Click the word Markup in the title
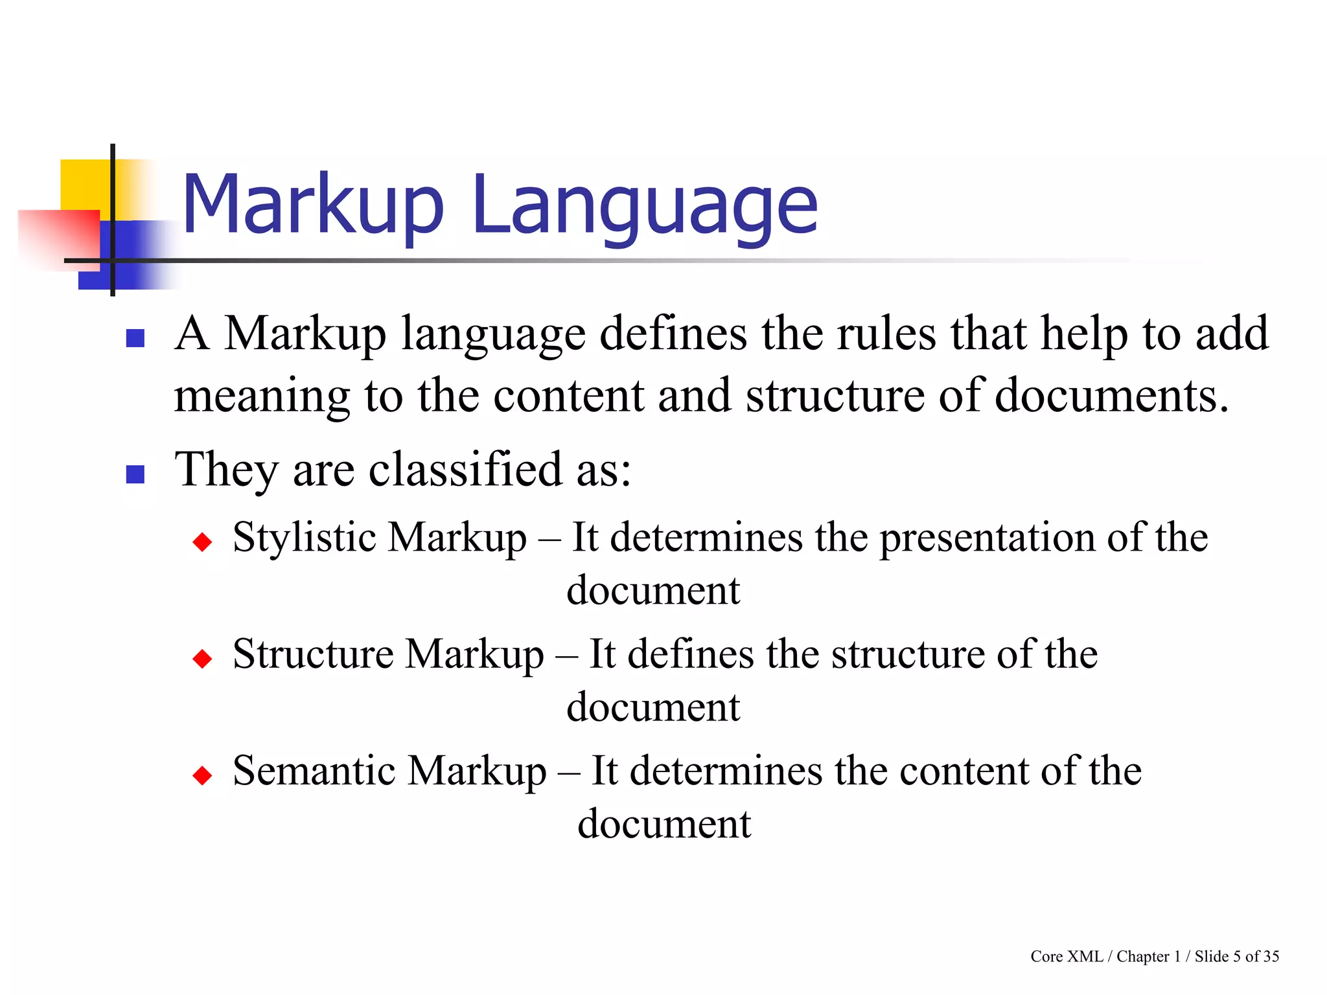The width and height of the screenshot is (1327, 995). coord(313,206)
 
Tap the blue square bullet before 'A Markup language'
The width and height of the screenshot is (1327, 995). coord(135,338)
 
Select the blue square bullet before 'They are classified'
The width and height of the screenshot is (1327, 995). coord(135,475)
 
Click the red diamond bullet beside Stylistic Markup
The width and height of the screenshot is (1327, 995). coord(203,542)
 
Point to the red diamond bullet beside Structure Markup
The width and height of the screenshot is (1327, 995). coord(203,659)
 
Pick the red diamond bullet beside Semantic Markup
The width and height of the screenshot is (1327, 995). coord(203,775)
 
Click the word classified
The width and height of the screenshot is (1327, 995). coord(465,469)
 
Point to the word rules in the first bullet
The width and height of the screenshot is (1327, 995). coord(886,334)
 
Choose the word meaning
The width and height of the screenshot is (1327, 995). coord(262,396)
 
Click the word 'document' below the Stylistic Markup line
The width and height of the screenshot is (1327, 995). coord(653,590)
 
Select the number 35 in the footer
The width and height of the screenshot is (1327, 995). coord(1271,956)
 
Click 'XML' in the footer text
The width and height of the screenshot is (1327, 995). coord(1085,956)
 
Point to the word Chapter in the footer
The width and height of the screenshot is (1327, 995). coord(1143,956)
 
